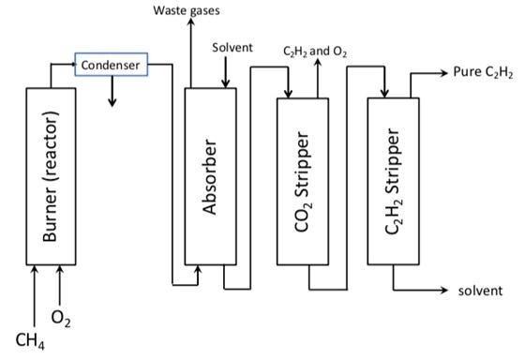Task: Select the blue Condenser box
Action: pyautogui.click(x=111, y=65)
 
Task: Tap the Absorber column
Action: pyautogui.click(x=211, y=175)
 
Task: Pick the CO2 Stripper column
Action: pyautogui.click(x=305, y=180)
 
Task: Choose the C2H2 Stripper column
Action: pyautogui.click(x=395, y=180)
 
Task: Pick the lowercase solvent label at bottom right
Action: pyautogui.click(x=479, y=292)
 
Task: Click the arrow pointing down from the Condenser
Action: pyautogui.click(x=112, y=91)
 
